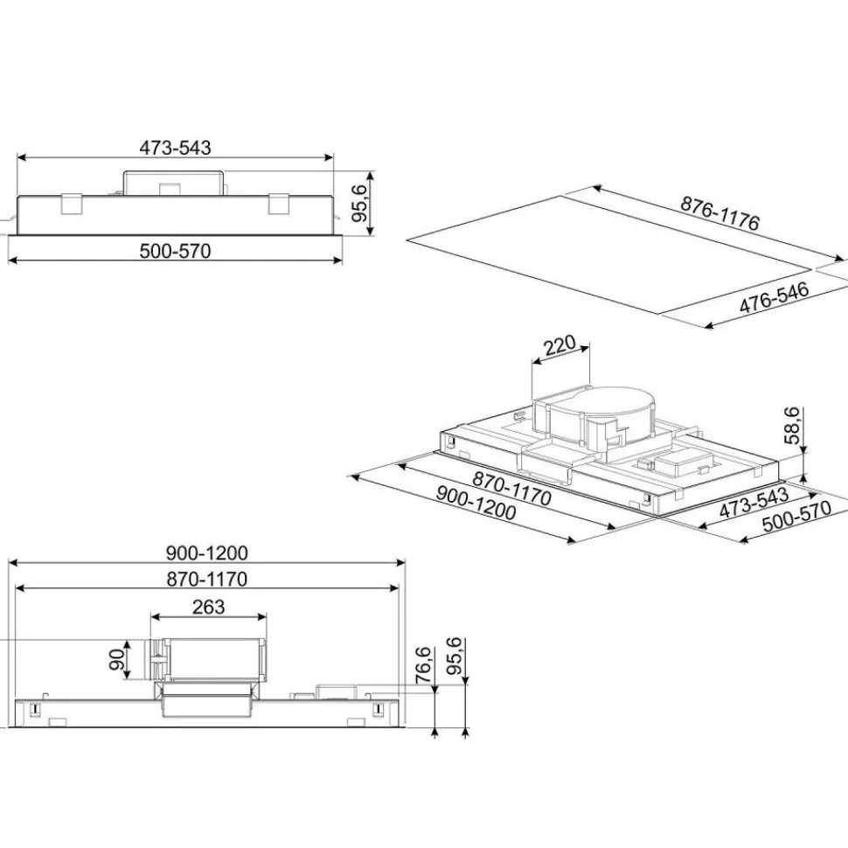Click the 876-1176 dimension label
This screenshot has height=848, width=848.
point(719,213)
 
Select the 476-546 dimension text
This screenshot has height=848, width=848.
point(774,297)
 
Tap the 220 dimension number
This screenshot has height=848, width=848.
point(560,345)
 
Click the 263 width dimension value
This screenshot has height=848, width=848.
point(208,607)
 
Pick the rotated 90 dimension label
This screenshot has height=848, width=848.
point(117,659)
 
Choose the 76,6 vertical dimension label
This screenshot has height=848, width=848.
point(423,664)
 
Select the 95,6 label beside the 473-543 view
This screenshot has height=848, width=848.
point(359,203)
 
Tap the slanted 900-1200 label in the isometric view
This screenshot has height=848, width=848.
point(476,504)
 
